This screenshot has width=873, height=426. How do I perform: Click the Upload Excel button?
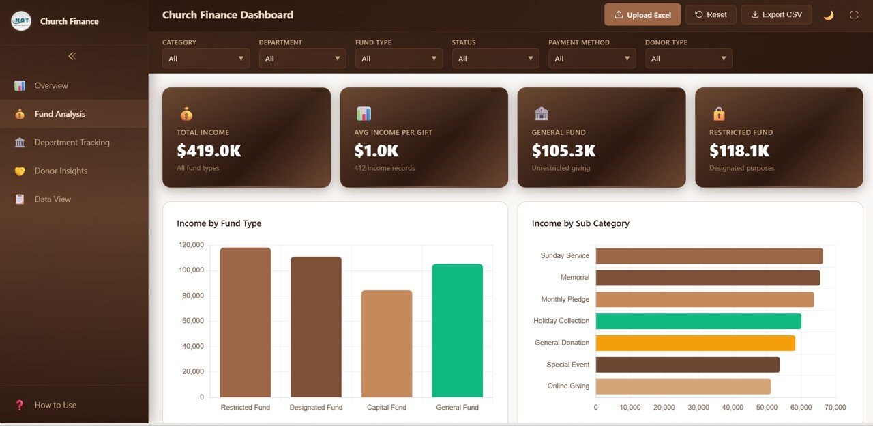click(x=642, y=15)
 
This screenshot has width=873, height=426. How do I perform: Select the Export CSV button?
click(x=776, y=15)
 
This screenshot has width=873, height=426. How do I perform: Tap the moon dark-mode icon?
click(x=829, y=15)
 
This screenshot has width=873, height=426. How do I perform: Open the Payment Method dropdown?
click(x=592, y=59)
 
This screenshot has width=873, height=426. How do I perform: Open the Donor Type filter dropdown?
click(x=688, y=59)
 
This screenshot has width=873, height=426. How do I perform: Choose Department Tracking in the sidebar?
click(x=72, y=143)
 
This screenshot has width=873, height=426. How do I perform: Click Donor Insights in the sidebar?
click(x=61, y=171)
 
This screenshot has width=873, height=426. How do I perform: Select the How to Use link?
click(x=55, y=405)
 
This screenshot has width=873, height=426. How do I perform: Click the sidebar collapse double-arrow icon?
click(x=72, y=57)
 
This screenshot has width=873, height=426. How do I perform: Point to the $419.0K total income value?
click(x=209, y=150)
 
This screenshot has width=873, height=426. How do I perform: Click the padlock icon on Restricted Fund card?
click(x=718, y=114)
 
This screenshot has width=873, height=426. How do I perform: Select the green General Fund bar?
click(x=457, y=330)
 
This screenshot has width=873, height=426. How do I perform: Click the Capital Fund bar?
click(x=387, y=343)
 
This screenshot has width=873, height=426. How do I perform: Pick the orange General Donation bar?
click(x=695, y=343)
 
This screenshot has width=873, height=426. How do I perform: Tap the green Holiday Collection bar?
click(x=698, y=321)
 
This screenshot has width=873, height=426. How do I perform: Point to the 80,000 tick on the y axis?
click(x=192, y=296)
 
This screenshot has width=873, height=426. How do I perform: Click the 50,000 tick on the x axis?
click(x=767, y=408)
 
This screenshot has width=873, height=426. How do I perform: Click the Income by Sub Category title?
click(x=580, y=223)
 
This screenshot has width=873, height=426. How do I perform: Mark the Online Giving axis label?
click(x=568, y=386)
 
